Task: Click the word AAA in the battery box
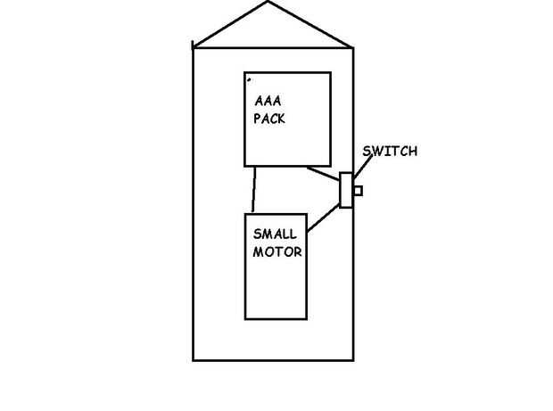pyautogui.click(x=268, y=101)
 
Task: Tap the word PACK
pyautogui.click(x=268, y=118)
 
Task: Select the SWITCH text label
pyautogui.click(x=389, y=152)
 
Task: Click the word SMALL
pyautogui.click(x=275, y=234)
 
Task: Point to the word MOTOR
pyautogui.click(x=277, y=251)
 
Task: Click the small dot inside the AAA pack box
pyautogui.click(x=249, y=79)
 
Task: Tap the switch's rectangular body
pyautogui.click(x=346, y=190)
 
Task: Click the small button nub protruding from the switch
pyautogui.click(x=358, y=190)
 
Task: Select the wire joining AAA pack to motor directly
pyautogui.click(x=254, y=189)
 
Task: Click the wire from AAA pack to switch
pyautogui.click(x=323, y=172)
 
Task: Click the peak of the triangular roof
pyautogui.click(x=268, y=3)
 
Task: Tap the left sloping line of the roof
pyautogui.click(x=230, y=24)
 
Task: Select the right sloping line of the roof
pyautogui.click(x=311, y=25)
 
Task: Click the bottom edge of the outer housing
pyautogui.click(x=273, y=359)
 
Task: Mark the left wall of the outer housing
pyautogui.click(x=194, y=205)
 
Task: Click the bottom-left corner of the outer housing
pyautogui.click(x=194, y=359)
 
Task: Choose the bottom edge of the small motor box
pyautogui.click(x=276, y=318)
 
